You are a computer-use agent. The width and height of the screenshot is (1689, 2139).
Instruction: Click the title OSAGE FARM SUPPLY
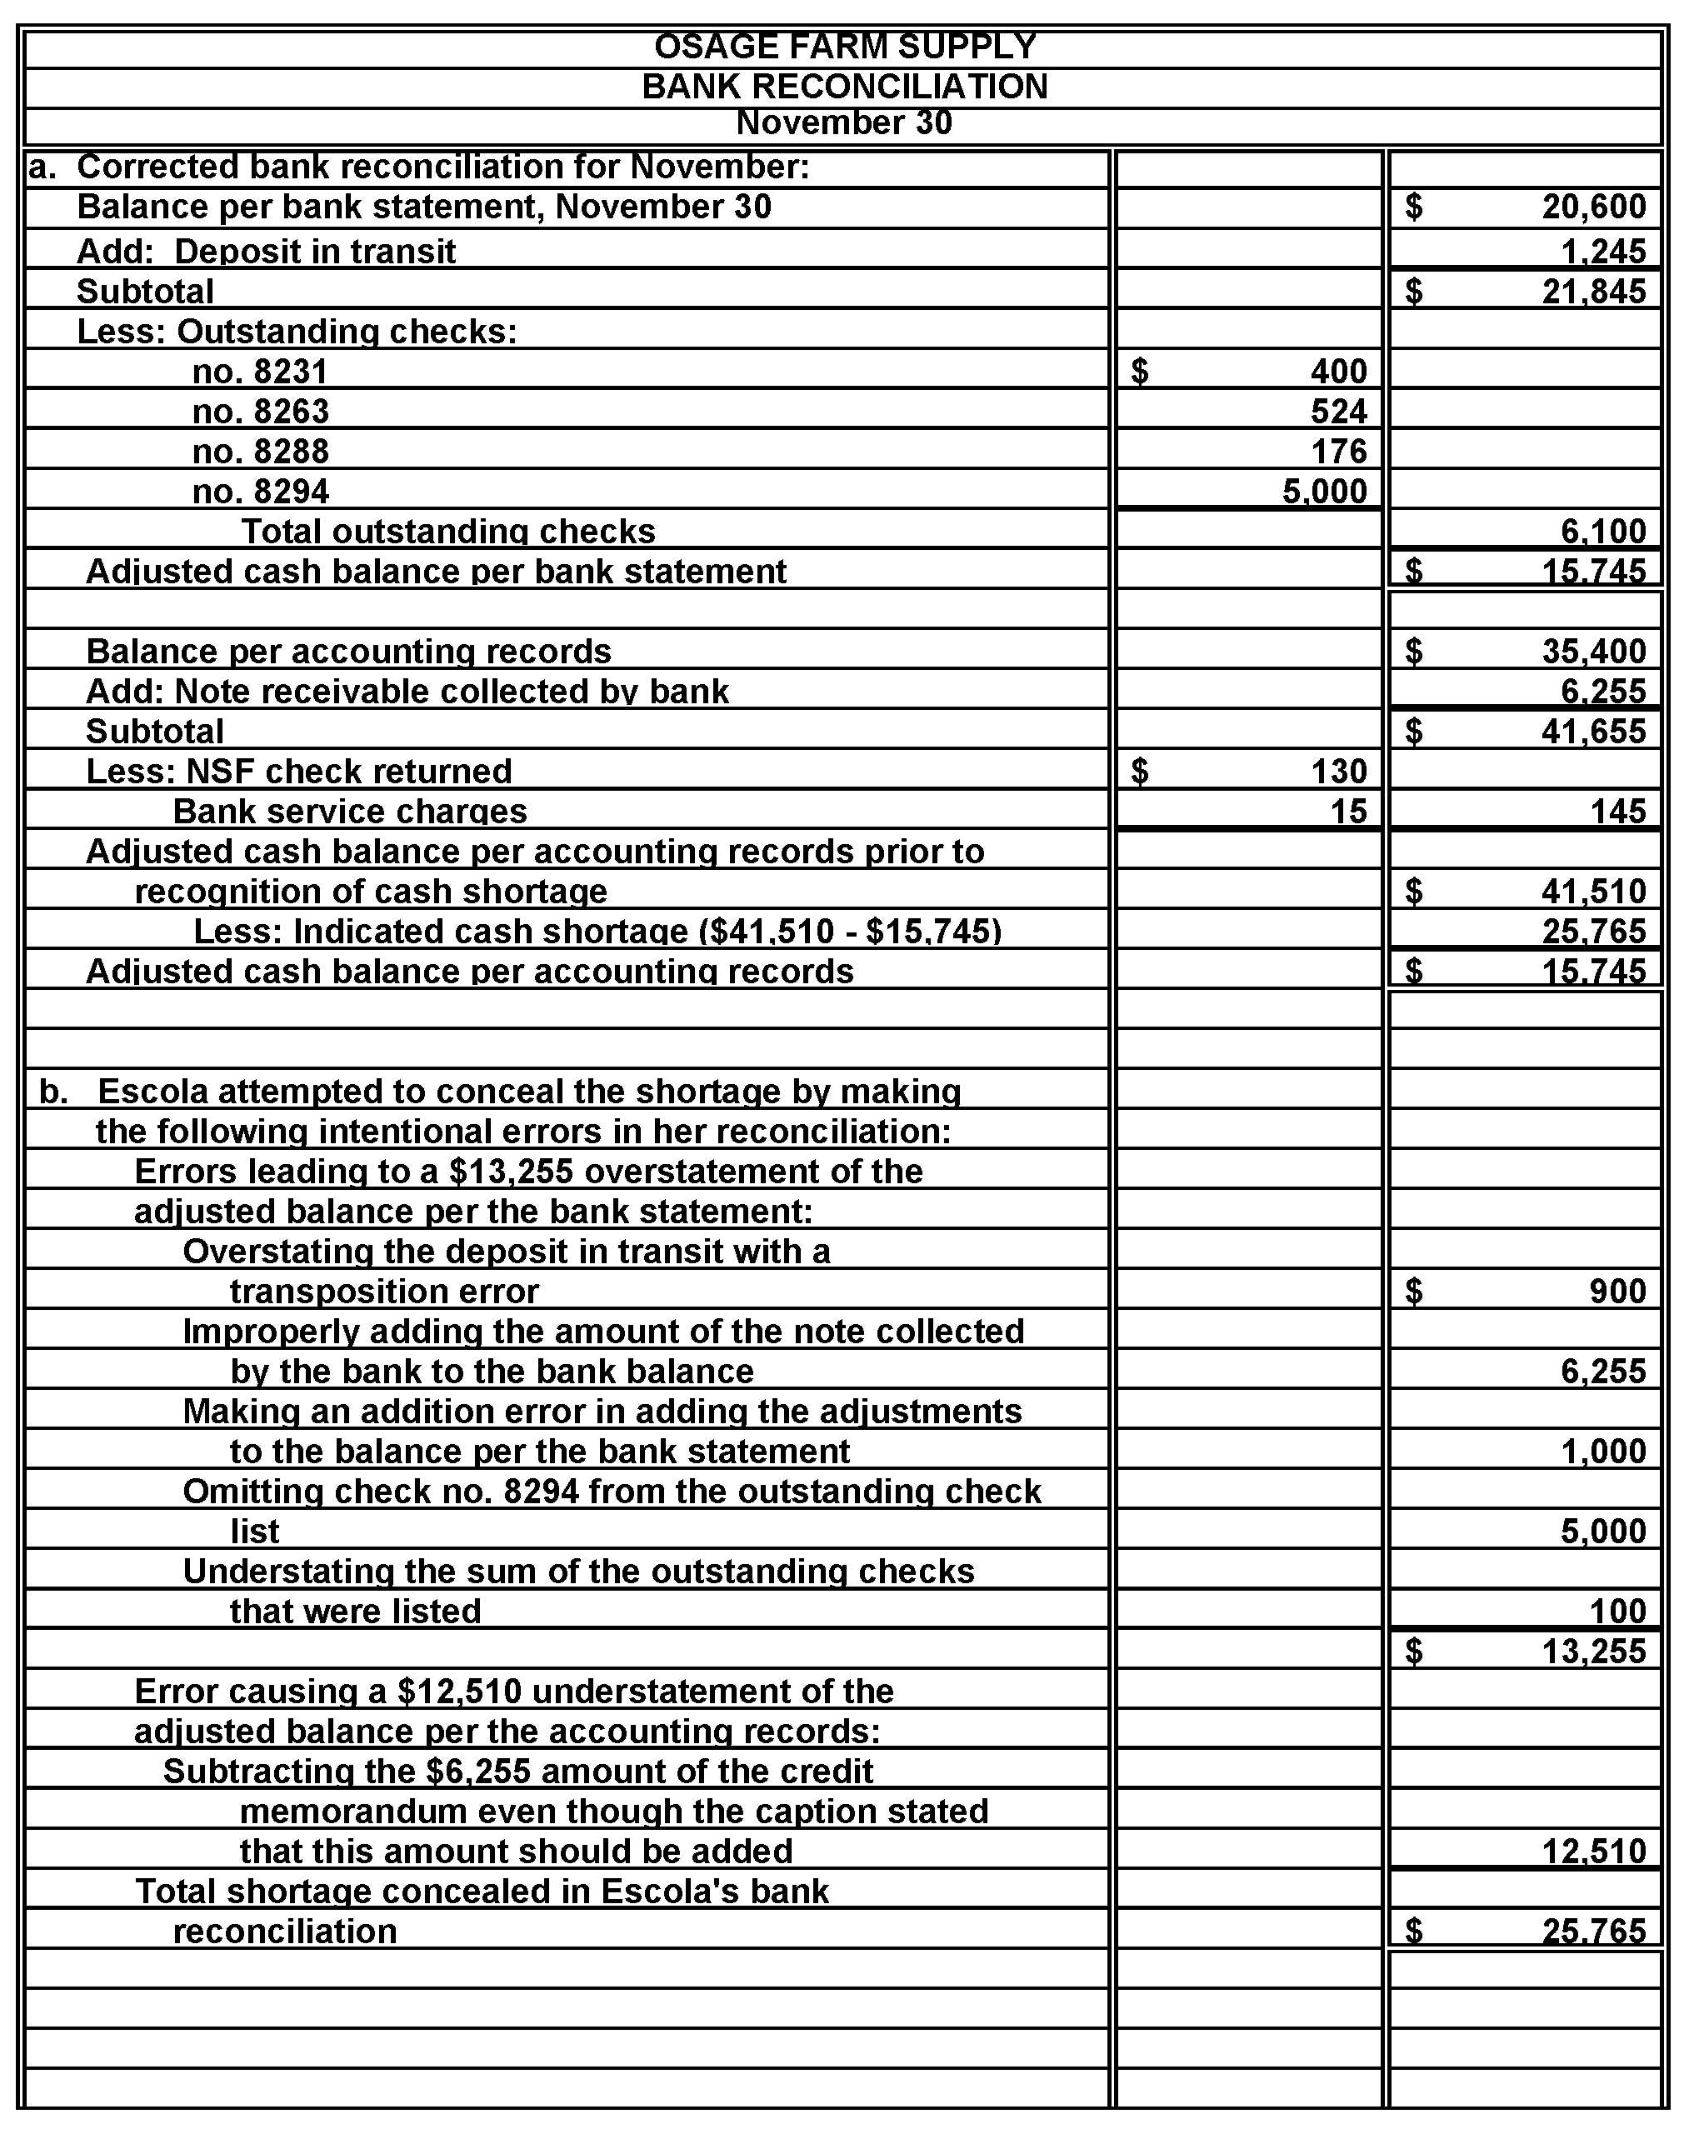[845, 47]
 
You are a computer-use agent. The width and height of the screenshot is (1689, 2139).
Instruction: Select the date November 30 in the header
[845, 122]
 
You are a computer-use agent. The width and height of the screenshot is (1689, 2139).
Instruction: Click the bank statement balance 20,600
[1593, 207]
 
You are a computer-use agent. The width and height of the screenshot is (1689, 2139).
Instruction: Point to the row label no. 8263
[261, 412]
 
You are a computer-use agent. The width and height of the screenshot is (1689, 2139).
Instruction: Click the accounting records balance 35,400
[1593, 652]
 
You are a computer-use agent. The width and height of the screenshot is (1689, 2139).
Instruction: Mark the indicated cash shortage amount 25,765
[1593, 932]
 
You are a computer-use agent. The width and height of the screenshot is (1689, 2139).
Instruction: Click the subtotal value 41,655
[1593, 732]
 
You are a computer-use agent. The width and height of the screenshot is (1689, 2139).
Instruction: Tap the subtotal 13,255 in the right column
[1593, 1652]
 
